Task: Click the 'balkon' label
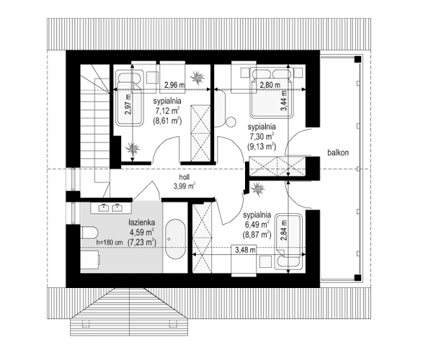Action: (338, 153)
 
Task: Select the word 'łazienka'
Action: (144, 222)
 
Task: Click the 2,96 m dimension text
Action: (172, 84)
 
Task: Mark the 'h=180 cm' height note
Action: (110, 243)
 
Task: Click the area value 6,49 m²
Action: (258, 224)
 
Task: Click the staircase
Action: (92, 119)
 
